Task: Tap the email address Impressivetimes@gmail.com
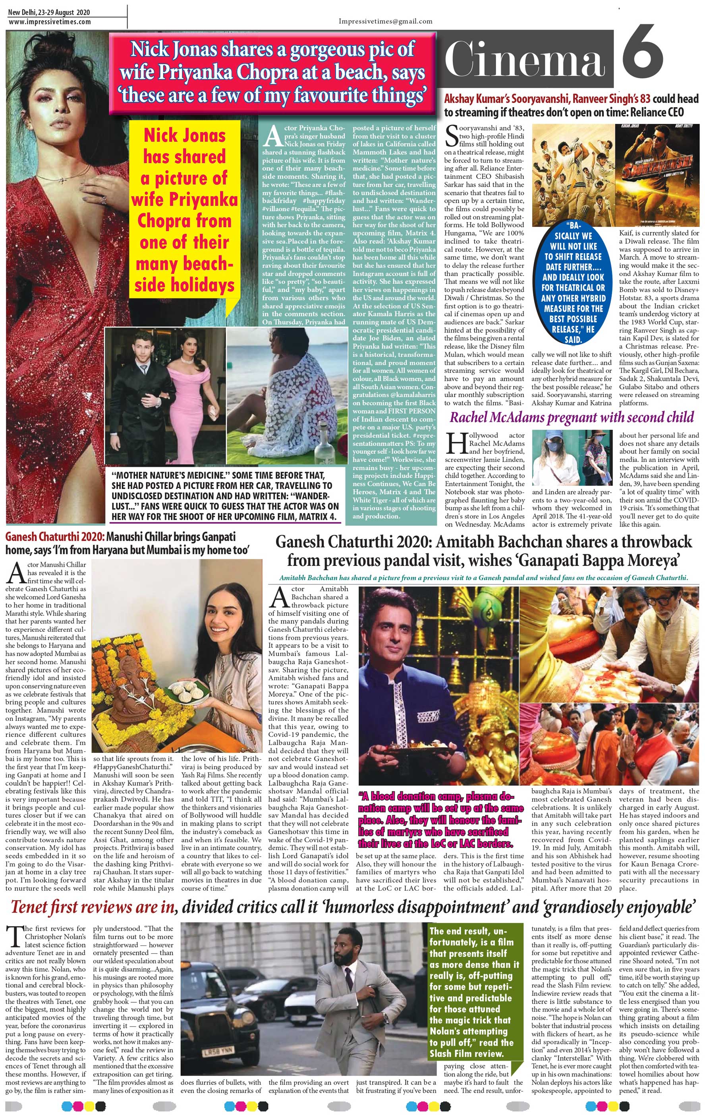(x=385, y=21)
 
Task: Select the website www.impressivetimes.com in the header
(x=50, y=22)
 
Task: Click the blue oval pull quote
(x=573, y=282)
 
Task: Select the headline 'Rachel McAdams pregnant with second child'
(x=572, y=418)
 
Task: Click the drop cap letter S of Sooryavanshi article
(x=451, y=135)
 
